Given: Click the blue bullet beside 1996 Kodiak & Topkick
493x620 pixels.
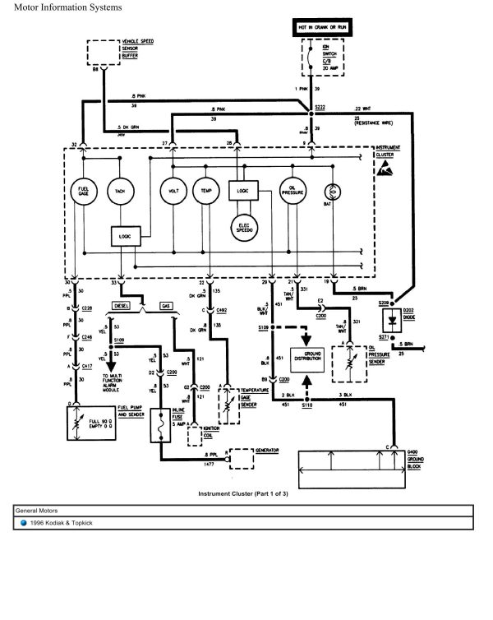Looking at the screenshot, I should click(25, 524).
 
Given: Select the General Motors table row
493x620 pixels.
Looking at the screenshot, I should click(243, 511).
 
